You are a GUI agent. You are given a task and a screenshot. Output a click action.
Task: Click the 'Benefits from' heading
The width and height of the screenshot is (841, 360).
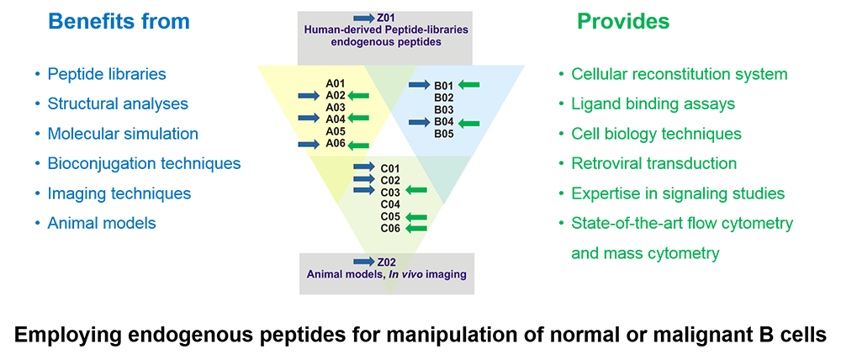pos(119,22)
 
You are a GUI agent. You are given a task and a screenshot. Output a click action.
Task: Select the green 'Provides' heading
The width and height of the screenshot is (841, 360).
pos(622,22)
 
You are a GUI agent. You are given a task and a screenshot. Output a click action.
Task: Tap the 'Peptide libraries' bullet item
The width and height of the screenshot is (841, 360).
pos(107,74)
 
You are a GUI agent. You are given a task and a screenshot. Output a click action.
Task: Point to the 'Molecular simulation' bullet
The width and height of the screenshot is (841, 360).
pos(123,133)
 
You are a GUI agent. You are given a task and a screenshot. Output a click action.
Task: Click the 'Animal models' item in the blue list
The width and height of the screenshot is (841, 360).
pos(102,223)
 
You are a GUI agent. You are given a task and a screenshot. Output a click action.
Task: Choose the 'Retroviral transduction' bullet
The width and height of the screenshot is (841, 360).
pos(653,163)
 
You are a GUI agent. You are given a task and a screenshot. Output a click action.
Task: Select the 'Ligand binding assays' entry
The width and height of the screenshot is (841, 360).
pos(653,103)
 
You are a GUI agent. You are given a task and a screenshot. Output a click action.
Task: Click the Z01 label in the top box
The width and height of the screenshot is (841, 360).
pos(386,19)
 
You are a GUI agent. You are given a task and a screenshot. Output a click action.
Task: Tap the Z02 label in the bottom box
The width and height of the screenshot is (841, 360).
pos(386,262)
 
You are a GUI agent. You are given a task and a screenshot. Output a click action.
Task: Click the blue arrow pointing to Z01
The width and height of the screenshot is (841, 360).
pos(364,19)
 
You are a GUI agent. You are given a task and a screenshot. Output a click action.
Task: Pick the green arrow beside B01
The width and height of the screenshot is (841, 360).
pos(469,84)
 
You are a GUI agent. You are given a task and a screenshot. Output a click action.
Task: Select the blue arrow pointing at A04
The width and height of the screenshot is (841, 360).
pos(309,118)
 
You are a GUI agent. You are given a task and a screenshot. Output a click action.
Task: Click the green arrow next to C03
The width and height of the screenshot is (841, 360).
pos(416,189)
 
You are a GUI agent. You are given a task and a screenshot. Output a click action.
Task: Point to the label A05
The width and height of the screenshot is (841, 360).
pos(336,131)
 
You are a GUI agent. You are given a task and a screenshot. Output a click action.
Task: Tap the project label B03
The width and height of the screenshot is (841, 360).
pos(444,110)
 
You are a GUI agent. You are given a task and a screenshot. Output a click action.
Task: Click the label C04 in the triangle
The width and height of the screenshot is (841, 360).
pos(390,204)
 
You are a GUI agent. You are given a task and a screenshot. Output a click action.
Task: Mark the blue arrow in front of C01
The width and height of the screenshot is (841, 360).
pos(364,167)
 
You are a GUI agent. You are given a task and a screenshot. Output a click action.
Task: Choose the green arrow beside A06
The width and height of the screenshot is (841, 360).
pos(358,145)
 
